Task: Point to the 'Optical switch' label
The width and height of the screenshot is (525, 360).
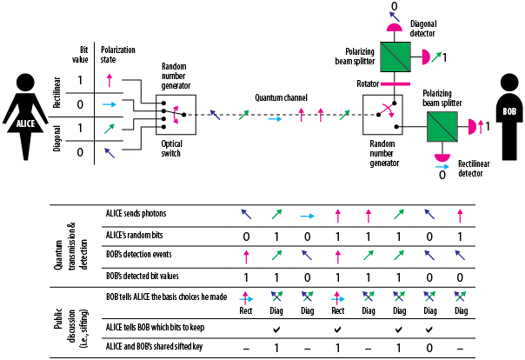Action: point(176,145)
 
